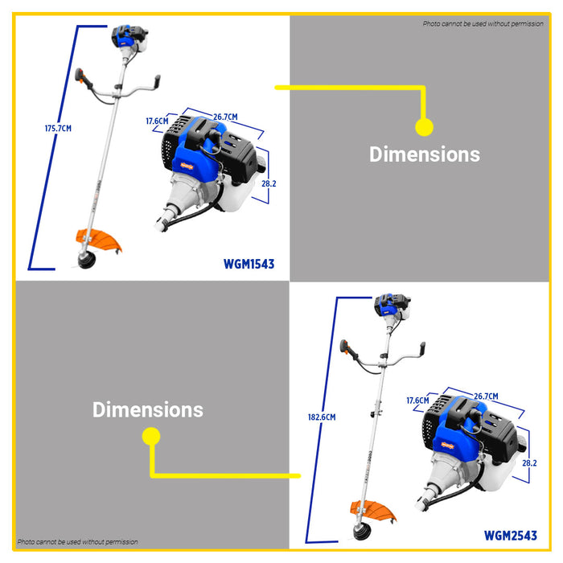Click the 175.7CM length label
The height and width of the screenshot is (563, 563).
pos(58,128)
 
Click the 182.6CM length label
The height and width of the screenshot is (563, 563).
pos(321,417)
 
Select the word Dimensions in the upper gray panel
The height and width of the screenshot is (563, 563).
pos(425,154)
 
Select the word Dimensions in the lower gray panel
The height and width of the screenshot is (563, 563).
pos(148,409)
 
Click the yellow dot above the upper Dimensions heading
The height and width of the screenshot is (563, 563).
pos(424,126)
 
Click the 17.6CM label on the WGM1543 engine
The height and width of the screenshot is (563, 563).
pos(157,121)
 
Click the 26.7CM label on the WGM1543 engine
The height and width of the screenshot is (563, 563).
pos(225,117)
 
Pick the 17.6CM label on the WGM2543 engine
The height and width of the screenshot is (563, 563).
pos(417,400)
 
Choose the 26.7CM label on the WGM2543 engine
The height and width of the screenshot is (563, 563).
pos(486,397)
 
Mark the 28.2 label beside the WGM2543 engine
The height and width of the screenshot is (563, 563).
pos(530,463)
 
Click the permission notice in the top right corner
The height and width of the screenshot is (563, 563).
pos(483,24)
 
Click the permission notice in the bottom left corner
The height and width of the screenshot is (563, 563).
pos(78,542)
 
